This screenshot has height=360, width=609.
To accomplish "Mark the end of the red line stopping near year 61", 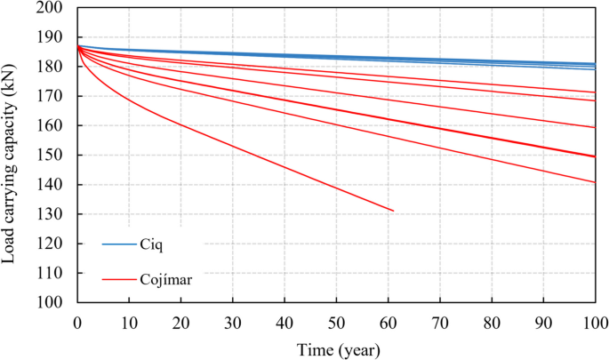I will pyautogui.click(x=393, y=211).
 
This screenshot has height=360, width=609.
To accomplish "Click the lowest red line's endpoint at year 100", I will pyautogui.click(x=594, y=182).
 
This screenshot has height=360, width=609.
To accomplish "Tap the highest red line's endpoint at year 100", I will pyautogui.click(x=594, y=92).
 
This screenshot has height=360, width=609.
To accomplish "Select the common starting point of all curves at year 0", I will pyautogui.click(x=78, y=46).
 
